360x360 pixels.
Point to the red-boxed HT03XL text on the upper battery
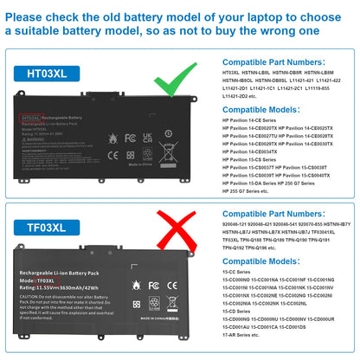pyautogui.click(x=30, y=116)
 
